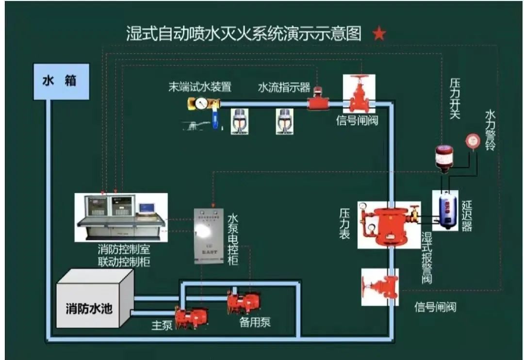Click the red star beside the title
379,33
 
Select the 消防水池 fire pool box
89,308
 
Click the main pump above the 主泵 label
191,318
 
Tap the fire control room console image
121,216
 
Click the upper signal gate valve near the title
360,95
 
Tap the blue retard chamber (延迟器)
445,210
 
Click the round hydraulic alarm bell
472,141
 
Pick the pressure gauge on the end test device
199,103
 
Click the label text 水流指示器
284,87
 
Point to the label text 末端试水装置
199,87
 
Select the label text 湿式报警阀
427,258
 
